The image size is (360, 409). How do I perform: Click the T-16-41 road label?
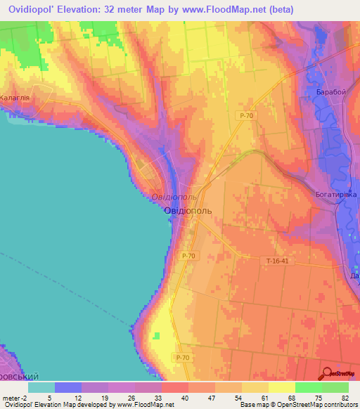point(278,261)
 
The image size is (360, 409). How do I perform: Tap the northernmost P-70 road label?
point(246,115)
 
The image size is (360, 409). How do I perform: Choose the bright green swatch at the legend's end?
point(335,387)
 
